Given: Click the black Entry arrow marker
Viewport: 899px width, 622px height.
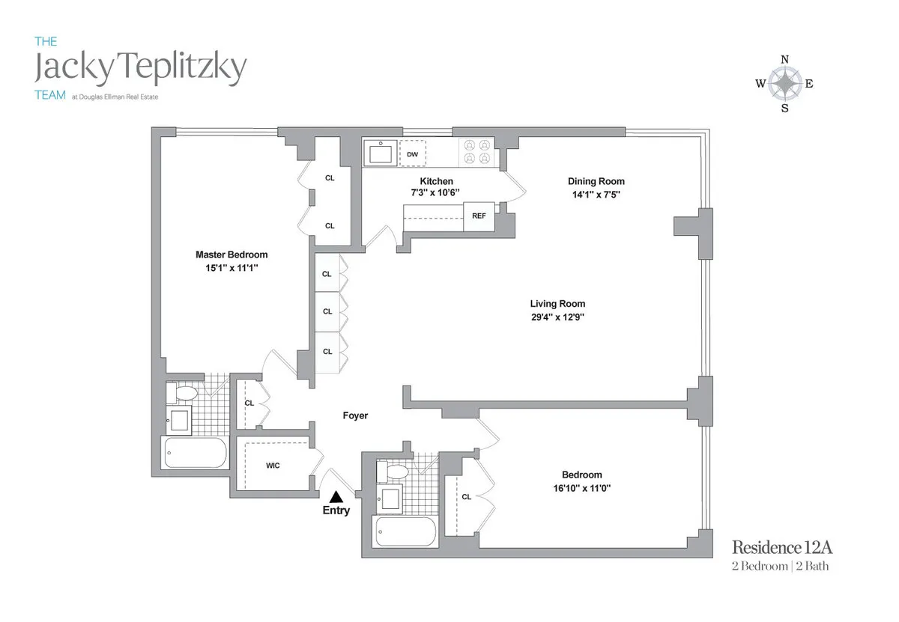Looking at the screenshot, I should [336, 496].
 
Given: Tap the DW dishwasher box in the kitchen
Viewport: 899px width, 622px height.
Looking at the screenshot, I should [412, 155].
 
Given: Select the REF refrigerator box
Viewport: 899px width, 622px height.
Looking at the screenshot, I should [479, 216].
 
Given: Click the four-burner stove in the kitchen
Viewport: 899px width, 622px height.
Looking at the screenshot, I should [477, 152].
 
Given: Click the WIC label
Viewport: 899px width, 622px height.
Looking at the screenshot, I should [273, 466].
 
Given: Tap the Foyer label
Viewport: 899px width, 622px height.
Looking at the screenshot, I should [355, 415].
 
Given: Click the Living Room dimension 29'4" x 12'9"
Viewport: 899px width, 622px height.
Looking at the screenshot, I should [557, 317].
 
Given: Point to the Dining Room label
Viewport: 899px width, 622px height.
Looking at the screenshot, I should [596, 181].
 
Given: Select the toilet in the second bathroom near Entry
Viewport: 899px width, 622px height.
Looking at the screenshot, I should [395, 471].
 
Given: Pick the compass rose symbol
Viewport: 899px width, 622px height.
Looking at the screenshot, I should [784, 83].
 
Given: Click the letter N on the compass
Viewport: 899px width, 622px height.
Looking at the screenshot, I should [784, 60].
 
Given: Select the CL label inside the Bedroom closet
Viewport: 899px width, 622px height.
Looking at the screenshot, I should [466, 496].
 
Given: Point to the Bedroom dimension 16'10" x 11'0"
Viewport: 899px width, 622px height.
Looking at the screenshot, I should [581, 487].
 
